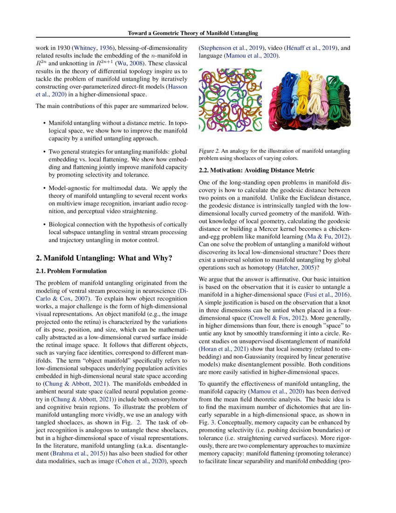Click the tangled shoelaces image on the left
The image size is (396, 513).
pos(230,100)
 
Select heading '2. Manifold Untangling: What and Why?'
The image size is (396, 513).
pos(104,258)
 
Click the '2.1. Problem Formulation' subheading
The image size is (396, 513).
pos(71,271)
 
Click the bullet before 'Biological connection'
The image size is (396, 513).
pos(44,224)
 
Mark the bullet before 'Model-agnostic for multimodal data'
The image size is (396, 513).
pos(44,188)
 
